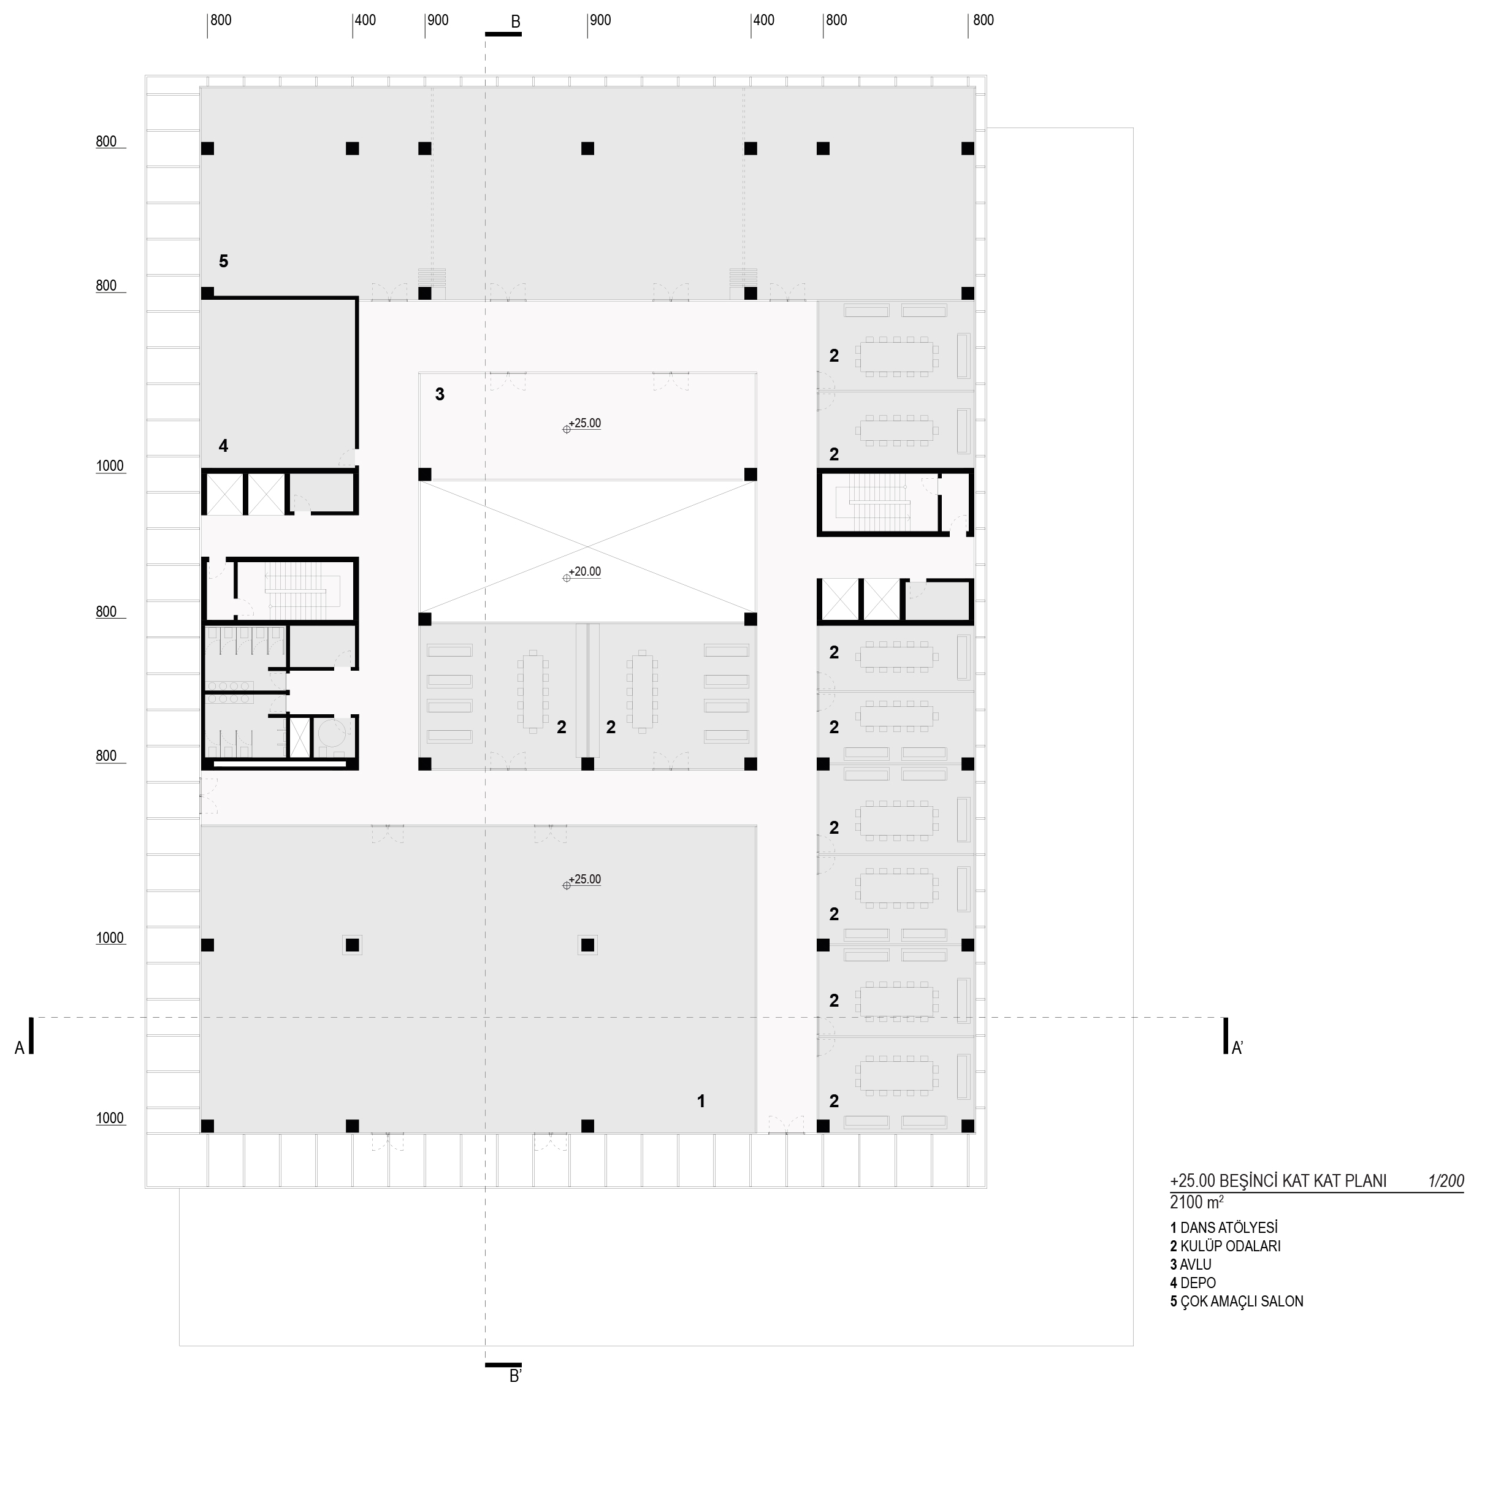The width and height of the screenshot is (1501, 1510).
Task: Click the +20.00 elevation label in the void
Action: tap(585, 572)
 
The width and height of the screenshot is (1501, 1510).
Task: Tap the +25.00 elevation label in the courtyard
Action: tap(585, 424)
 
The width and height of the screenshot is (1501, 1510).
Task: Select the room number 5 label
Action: tap(224, 261)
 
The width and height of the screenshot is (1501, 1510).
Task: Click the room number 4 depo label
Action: tap(224, 446)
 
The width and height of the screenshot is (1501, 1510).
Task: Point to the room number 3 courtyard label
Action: tap(440, 395)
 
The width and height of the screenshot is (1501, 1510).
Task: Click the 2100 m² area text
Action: tap(1197, 1202)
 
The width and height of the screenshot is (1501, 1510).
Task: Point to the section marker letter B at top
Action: tap(515, 23)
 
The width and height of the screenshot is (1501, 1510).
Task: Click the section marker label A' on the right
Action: tap(1237, 1048)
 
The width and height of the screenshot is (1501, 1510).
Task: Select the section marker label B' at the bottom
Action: tap(515, 1376)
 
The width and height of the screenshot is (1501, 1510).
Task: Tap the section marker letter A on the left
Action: tap(20, 1048)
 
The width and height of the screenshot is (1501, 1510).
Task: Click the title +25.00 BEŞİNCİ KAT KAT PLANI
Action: tap(1278, 1181)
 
